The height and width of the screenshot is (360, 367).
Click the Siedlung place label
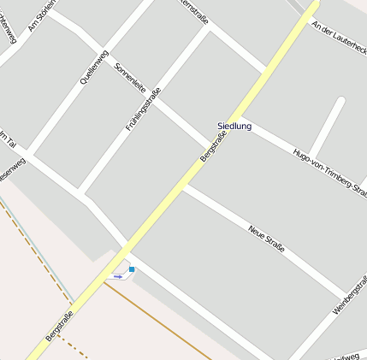[234, 127]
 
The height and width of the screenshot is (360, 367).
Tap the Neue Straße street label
[266, 239]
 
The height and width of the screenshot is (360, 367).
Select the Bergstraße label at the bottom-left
[60, 326]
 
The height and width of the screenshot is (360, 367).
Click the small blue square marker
[132, 269]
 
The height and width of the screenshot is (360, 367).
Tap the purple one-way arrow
[118, 276]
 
